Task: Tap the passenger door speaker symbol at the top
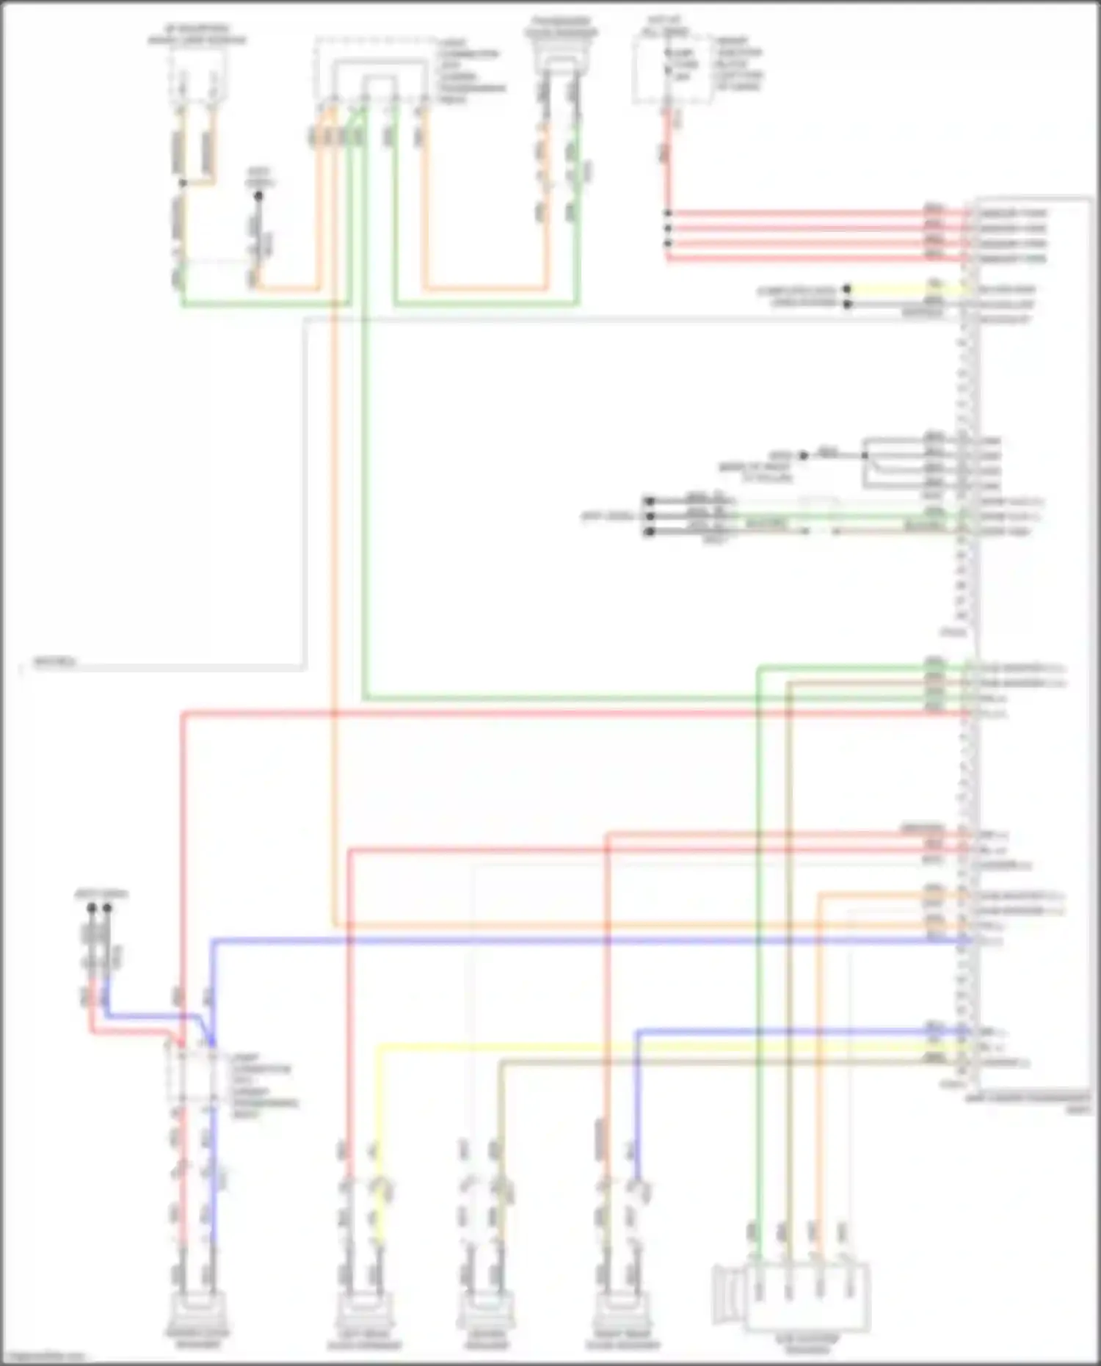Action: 561,59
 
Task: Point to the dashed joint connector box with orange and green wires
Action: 372,70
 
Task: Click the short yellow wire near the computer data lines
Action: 903,290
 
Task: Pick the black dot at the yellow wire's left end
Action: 847,290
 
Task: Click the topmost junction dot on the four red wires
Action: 668,214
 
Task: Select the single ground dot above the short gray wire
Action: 258,196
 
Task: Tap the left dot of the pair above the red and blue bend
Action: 92,908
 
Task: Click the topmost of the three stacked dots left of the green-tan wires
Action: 649,501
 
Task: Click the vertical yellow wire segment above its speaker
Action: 379,1101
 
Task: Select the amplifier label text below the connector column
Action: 1028,1102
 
